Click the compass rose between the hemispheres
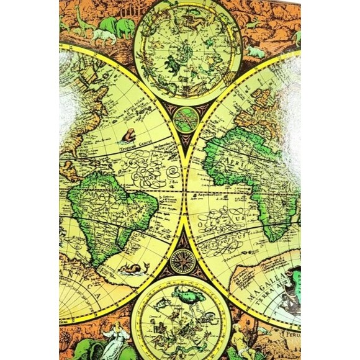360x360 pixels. click(x=182, y=260)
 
